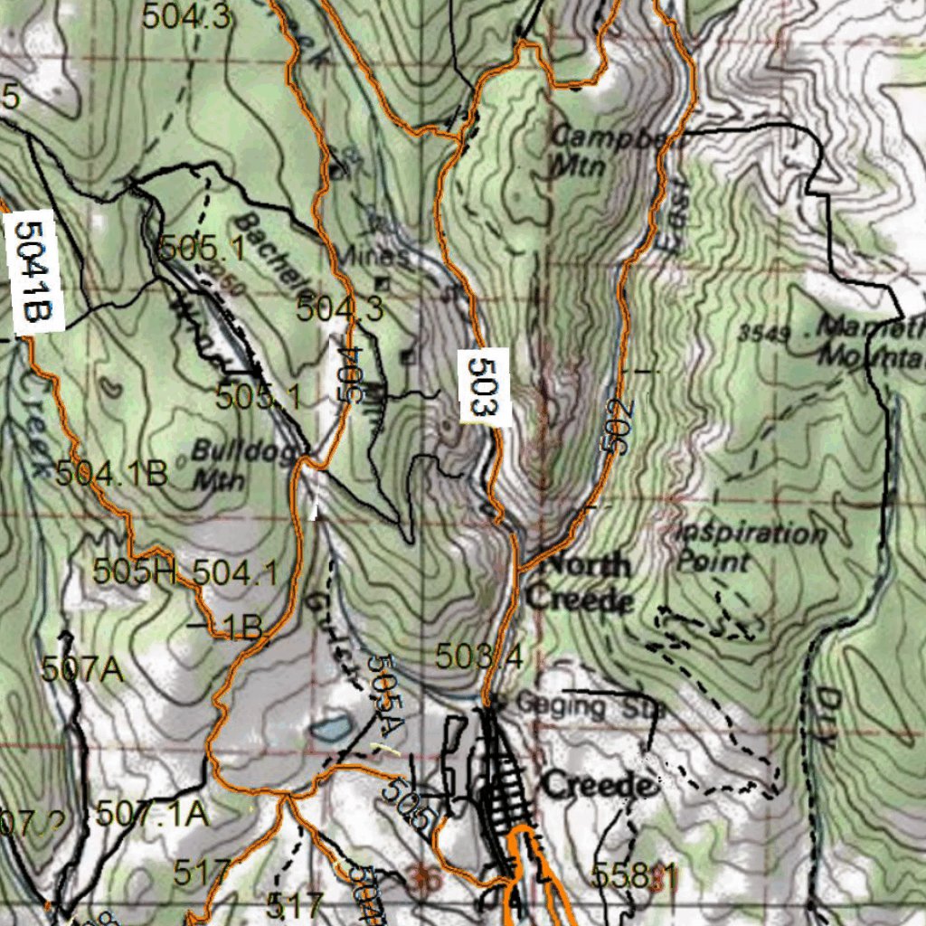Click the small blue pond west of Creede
point(330,726)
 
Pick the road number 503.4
point(478,657)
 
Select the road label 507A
point(82,669)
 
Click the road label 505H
point(136,572)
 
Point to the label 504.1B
point(112,473)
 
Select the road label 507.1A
point(153,814)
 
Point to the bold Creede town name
point(597,785)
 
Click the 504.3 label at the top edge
point(186,15)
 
